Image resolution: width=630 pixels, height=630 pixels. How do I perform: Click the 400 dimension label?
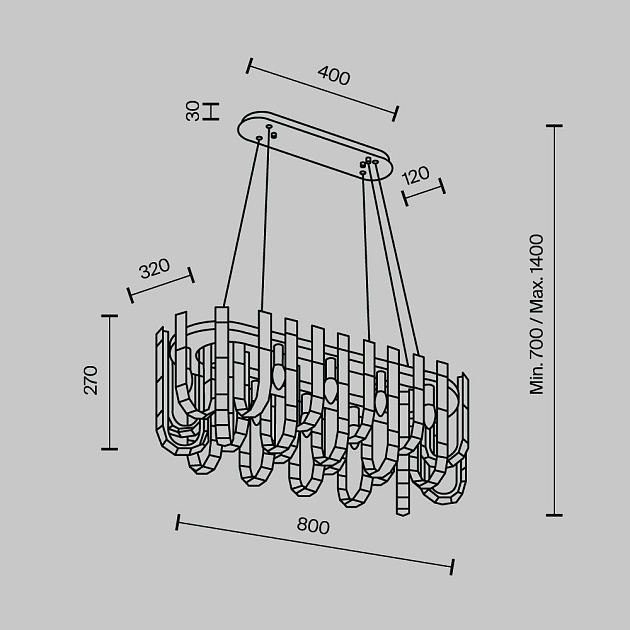[333, 75]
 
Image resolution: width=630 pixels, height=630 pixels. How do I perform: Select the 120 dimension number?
[415, 175]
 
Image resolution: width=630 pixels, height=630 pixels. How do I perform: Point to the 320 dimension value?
[153, 270]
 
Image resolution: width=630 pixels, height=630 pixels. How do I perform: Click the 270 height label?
[91, 380]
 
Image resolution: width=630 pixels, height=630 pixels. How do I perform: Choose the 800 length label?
[312, 526]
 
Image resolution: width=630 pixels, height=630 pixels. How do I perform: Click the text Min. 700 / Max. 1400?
[537, 314]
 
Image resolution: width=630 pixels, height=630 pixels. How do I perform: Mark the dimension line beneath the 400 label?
[322, 90]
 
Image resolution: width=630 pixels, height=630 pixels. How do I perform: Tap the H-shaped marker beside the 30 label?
[210, 111]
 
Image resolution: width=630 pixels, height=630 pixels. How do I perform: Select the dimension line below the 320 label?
[161, 284]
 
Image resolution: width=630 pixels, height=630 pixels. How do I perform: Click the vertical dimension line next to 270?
[109, 380]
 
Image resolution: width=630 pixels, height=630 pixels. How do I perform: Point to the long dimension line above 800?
[315, 544]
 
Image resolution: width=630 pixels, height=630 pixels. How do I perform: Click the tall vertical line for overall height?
[554, 320]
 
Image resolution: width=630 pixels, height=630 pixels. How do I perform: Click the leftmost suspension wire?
[240, 220]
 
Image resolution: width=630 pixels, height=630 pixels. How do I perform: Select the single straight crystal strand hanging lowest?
[403, 490]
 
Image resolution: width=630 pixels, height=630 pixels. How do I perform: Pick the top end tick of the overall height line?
[554, 126]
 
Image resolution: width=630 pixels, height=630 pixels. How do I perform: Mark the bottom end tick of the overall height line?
[554, 515]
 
